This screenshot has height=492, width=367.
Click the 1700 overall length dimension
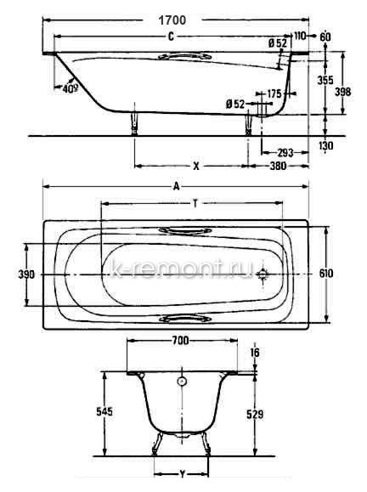[x=172, y=20]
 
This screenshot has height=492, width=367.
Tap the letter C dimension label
[x=171, y=37]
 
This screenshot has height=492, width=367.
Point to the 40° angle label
[x=70, y=89]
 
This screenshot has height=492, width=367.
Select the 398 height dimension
[x=343, y=92]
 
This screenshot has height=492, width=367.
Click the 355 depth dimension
[x=325, y=80]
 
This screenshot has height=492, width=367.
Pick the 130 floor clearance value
[x=325, y=145]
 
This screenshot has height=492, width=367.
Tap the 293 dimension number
[x=285, y=153]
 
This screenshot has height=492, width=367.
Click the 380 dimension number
[x=279, y=166]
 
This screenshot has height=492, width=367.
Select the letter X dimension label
[x=196, y=166]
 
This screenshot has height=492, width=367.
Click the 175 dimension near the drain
[x=274, y=93]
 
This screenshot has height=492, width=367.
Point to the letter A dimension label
[x=177, y=187]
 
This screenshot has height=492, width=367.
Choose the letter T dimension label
[x=195, y=204]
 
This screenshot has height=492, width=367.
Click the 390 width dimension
[x=26, y=274]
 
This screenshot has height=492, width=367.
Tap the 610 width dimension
[x=326, y=274]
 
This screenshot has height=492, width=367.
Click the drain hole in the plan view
[x=263, y=274]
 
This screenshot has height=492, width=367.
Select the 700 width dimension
[x=180, y=341]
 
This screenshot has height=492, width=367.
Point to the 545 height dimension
[x=104, y=411]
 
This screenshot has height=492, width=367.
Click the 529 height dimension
[x=255, y=415]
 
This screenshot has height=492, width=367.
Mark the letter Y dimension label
[x=183, y=474]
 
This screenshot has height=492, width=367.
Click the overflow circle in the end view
[x=182, y=382]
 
